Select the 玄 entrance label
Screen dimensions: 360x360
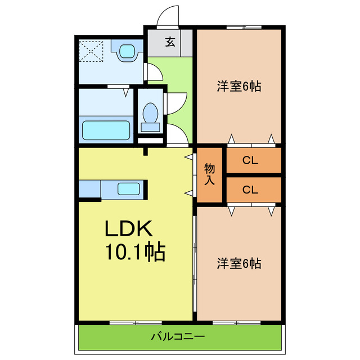click(x=169, y=41)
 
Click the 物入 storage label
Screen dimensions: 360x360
click(x=210, y=174)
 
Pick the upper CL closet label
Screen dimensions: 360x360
click(x=250, y=160)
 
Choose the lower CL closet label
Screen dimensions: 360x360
click(x=250, y=190)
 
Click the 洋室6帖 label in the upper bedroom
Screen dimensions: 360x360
click(x=239, y=87)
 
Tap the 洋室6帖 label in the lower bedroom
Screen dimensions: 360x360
click(x=239, y=263)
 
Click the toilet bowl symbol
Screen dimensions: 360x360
click(x=150, y=114)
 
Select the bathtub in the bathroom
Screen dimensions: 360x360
click(x=107, y=130)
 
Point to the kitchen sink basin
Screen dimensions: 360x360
click(x=129, y=189)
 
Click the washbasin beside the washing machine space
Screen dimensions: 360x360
click(x=128, y=52)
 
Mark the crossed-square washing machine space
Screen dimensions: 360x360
click(x=92, y=51)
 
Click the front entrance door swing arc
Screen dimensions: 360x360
click(x=167, y=17)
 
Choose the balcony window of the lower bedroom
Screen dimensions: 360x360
click(x=236, y=322)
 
